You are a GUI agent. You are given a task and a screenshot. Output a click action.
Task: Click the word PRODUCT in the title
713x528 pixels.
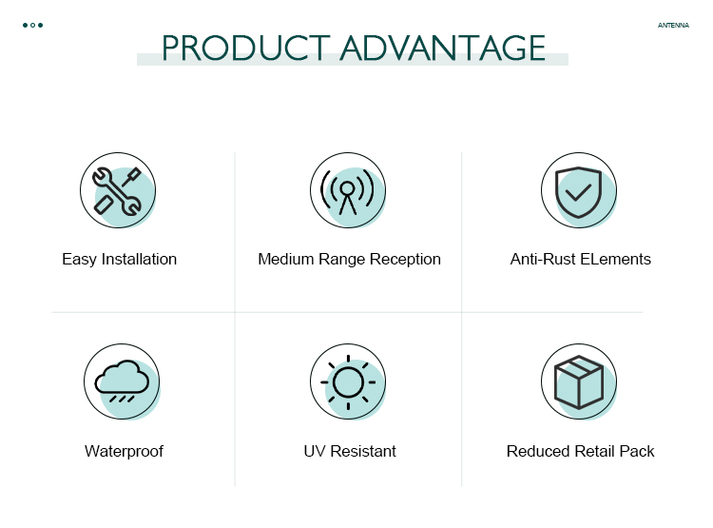246,48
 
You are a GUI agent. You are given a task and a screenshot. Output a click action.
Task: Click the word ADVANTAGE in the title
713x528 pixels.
443,48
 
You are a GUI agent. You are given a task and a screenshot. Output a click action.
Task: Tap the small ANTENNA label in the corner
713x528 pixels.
673,26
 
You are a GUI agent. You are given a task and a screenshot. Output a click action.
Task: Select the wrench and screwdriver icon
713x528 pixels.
117,190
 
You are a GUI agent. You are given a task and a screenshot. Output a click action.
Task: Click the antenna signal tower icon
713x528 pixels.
347,191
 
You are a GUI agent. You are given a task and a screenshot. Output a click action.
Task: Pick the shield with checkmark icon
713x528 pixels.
578,192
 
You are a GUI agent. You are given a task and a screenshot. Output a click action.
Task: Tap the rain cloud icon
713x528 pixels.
122,381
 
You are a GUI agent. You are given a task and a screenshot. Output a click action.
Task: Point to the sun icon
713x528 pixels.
348,382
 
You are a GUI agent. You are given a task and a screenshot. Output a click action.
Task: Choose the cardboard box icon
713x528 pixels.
579,381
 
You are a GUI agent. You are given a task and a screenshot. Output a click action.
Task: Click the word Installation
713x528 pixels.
139,259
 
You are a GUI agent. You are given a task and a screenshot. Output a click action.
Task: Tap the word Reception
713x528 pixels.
405,260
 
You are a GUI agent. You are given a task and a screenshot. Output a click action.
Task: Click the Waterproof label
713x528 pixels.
124,452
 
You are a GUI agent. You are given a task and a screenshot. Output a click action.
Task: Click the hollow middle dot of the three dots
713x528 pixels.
32,25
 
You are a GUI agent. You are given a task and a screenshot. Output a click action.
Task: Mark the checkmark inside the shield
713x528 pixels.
577,192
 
